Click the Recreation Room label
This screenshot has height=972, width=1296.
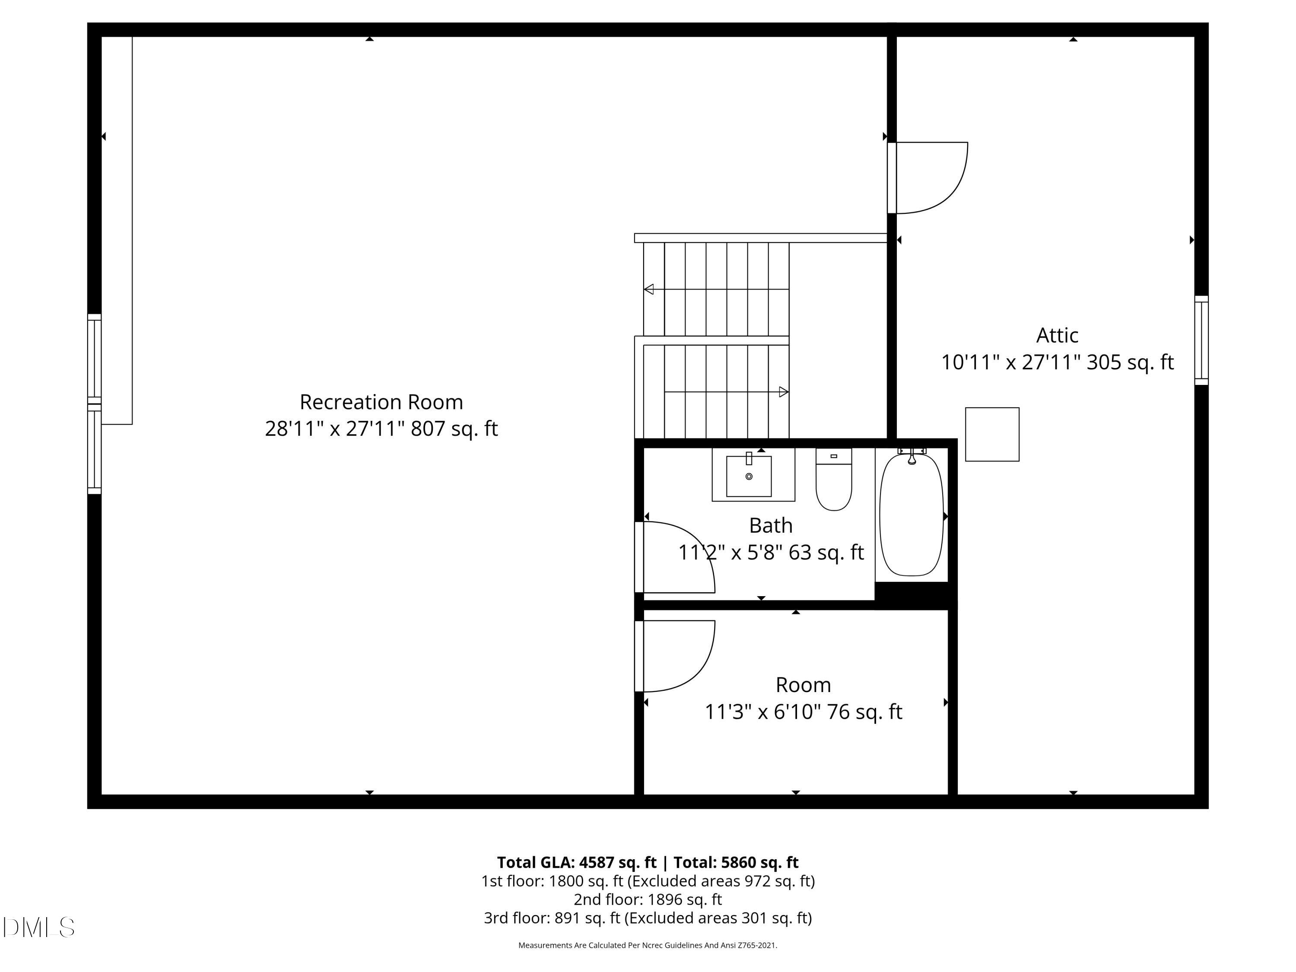coord(381,402)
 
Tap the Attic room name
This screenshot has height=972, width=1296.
coord(1057,335)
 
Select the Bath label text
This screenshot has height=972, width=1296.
coord(770,526)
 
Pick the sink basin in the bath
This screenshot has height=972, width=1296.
coord(749,476)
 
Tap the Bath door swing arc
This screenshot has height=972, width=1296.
coord(680,556)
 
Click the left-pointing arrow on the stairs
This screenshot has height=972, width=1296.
coord(648,289)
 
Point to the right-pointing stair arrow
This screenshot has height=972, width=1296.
coord(783,392)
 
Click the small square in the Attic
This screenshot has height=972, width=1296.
coord(992,434)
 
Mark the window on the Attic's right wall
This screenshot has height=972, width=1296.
coord(1201,340)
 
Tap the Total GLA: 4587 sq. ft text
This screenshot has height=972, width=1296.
coord(577,862)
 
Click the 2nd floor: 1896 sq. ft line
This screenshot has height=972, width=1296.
coord(648,899)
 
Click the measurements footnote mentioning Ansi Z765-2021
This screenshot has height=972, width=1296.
coord(648,945)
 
